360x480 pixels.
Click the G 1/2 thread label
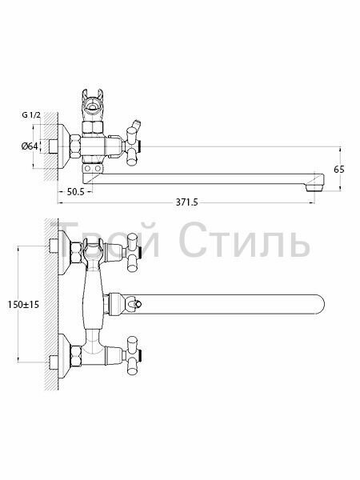click(x=31, y=115)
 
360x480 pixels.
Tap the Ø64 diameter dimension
click(x=30, y=146)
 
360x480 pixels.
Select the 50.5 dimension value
click(x=75, y=192)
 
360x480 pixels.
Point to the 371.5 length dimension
click(x=186, y=202)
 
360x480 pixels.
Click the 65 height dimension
click(x=339, y=170)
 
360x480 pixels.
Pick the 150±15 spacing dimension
click(x=23, y=305)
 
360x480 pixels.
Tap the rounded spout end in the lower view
click(x=319, y=304)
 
